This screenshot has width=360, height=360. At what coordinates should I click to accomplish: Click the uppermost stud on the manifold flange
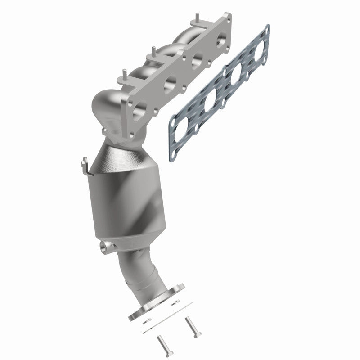(197, 19)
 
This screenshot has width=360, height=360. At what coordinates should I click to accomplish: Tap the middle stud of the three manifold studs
(154, 50)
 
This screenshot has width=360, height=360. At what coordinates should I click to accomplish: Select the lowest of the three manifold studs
(122, 73)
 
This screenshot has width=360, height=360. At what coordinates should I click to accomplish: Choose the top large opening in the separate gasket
(260, 51)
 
